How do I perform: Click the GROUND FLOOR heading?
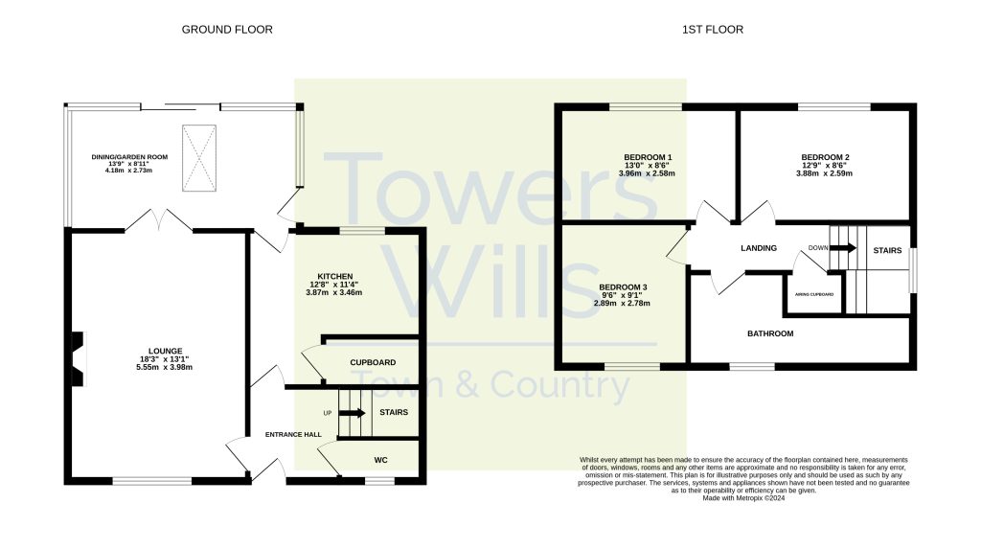coord(227,30)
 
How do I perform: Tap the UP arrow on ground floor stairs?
coord(352,413)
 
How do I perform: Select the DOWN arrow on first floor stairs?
coord(843,248)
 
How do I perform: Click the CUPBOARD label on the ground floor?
coord(373,362)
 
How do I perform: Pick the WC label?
coord(380,460)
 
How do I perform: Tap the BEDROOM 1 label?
coord(648,157)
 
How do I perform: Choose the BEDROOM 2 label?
coord(825,157)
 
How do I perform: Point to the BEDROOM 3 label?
coord(623,287)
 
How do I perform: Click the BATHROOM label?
coord(770,333)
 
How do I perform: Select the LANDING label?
coord(758,249)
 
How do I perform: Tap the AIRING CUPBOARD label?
coord(813,294)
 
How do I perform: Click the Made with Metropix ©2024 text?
coord(743,498)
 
